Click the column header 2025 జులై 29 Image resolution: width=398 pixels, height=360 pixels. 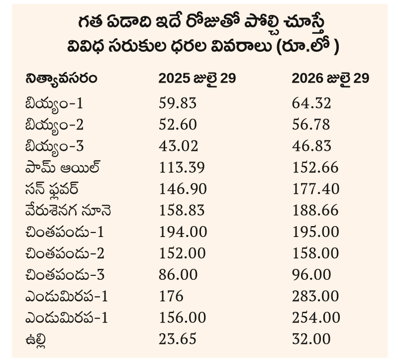[x=197, y=79]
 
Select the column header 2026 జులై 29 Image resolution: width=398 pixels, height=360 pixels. [x=330, y=79]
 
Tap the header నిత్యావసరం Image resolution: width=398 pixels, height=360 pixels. [x=61, y=78]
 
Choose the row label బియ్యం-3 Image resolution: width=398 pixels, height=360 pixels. [x=55, y=147]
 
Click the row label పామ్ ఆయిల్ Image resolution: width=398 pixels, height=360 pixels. [x=63, y=167]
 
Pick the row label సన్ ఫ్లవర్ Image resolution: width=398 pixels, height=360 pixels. [x=52, y=189]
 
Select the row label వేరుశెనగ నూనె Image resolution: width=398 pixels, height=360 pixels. [x=68, y=210]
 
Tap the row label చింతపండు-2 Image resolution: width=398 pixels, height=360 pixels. [x=65, y=254]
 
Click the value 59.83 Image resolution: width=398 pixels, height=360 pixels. [x=178, y=104]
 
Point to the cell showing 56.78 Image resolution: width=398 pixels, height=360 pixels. [x=311, y=125]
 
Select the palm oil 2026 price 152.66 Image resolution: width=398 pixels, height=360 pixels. [x=315, y=168]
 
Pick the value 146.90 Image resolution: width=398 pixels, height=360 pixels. [x=183, y=189]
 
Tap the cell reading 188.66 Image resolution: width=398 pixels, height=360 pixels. [x=315, y=211]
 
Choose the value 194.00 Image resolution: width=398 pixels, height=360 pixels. [x=183, y=232]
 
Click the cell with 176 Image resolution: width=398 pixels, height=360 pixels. [x=171, y=296]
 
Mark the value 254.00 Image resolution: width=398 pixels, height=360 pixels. [x=316, y=318]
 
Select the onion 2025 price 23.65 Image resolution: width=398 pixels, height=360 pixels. [x=178, y=339]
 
